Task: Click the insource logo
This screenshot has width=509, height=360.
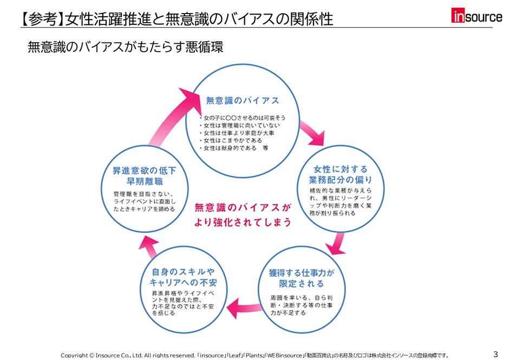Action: tap(477, 16)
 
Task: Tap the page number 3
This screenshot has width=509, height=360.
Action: tap(495, 354)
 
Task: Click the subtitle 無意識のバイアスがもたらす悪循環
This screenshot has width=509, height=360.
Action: tap(125, 47)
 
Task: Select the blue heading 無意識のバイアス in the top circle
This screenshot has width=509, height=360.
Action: tap(243, 101)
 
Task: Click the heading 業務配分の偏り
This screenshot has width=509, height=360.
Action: tap(340, 180)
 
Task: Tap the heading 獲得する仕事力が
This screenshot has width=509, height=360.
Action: tap(302, 273)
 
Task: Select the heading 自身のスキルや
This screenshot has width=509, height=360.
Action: tap(184, 272)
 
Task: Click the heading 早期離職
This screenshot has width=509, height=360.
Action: tap(145, 181)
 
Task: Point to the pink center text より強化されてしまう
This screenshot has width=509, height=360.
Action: tap(243, 222)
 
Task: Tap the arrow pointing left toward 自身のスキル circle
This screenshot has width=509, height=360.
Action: tap(244, 308)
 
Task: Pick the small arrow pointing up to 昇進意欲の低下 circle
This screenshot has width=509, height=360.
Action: tap(149, 247)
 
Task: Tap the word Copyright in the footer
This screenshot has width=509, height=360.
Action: tap(74, 356)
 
